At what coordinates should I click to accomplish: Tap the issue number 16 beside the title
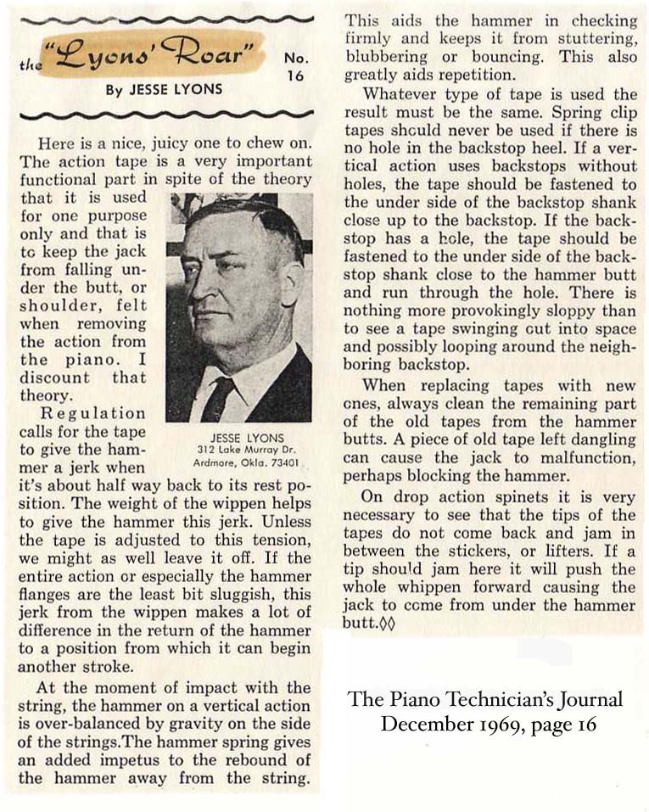tap(294, 75)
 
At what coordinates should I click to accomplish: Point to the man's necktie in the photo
tap(219, 398)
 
